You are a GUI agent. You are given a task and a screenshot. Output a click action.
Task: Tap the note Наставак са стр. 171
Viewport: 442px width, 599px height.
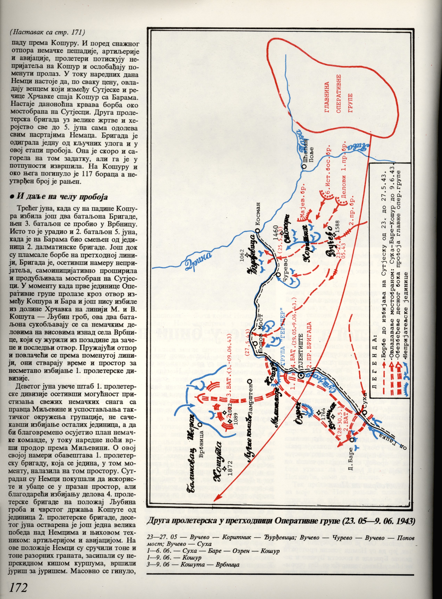coord(47,32)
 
